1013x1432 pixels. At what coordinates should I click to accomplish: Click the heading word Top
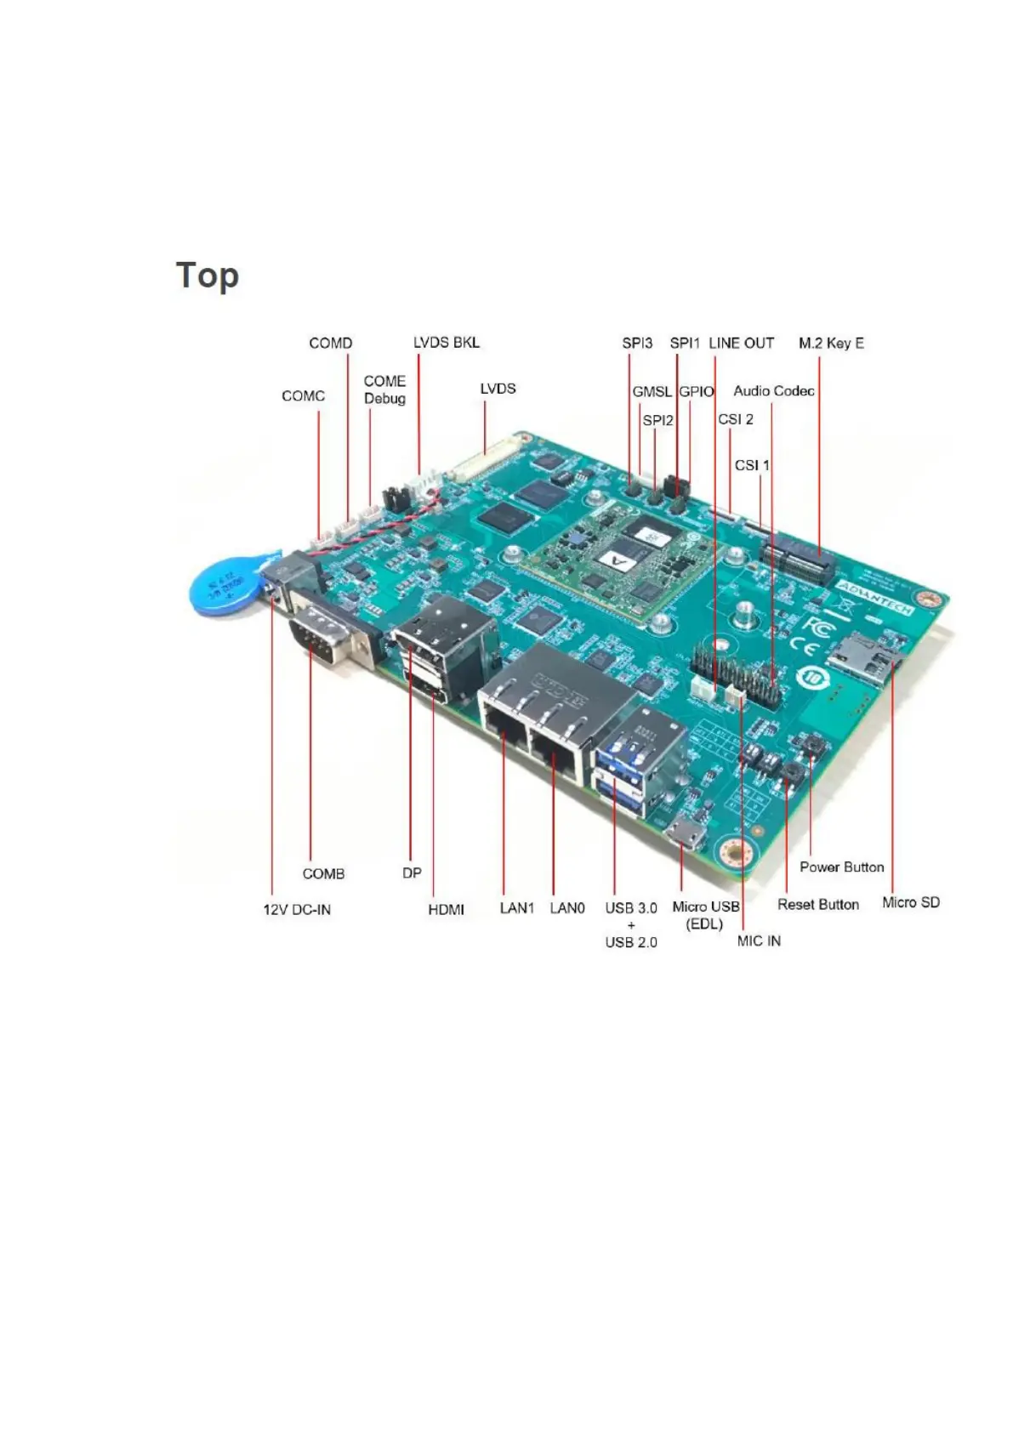207,276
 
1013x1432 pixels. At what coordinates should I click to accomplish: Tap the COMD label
330,344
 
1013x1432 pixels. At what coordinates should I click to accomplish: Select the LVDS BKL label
446,343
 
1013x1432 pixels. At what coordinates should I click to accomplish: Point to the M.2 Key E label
830,344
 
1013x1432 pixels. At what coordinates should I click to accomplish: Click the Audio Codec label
773,391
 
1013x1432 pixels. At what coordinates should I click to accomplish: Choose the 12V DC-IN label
296,910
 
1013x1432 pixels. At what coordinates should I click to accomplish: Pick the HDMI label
446,910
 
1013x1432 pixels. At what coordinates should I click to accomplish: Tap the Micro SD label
910,902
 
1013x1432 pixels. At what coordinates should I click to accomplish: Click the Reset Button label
817,905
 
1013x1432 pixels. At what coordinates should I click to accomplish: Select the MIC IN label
759,940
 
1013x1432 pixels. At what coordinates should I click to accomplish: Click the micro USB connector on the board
685,834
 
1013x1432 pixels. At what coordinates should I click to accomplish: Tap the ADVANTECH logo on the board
874,598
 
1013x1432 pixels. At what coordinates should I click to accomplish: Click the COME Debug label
384,389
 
